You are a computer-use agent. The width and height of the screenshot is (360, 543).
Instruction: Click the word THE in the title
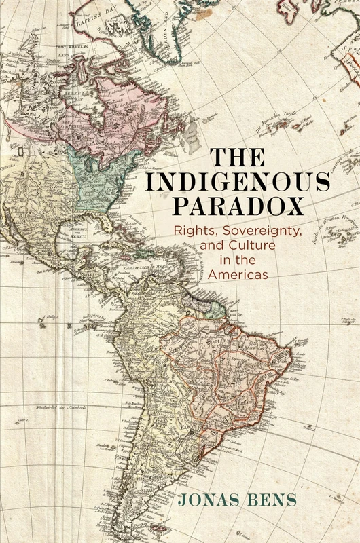[238, 157]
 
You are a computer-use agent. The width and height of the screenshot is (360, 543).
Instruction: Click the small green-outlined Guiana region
[216, 310]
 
